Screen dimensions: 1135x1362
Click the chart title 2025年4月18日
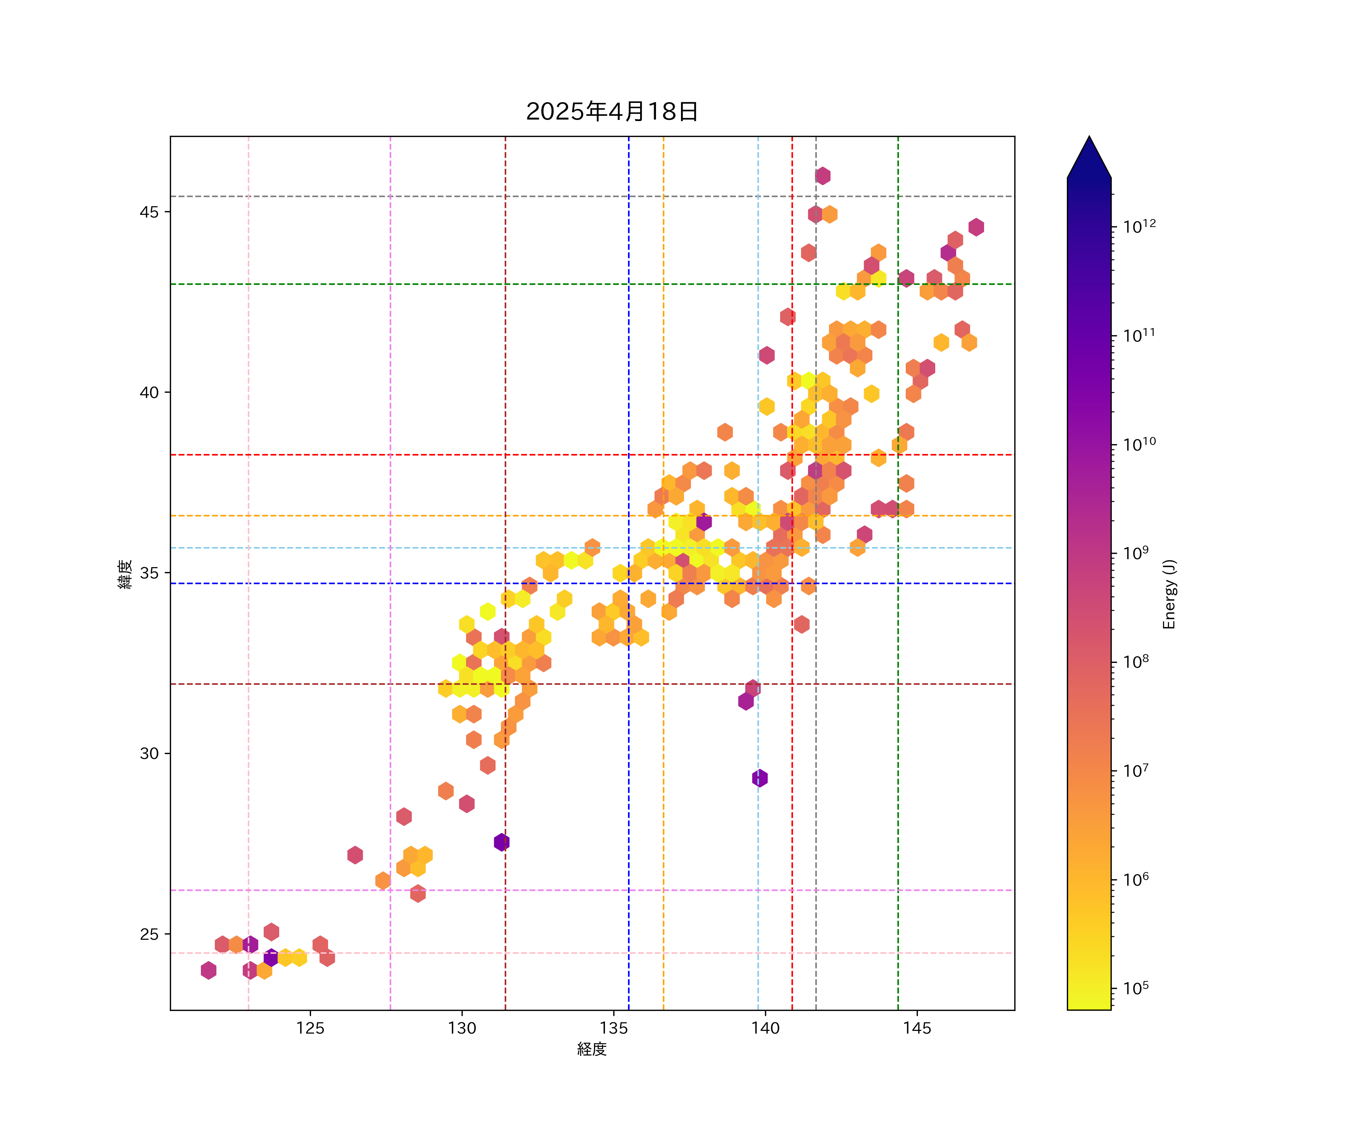click(x=612, y=112)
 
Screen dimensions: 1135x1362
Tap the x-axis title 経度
click(x=591, y=1049)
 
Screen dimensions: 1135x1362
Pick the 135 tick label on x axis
click(x=614, y=1028)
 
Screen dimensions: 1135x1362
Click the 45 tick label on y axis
click(x=149, y=212)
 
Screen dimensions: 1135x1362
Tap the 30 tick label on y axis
click(x=149, y=754)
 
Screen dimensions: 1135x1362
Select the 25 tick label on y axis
click(x=149, y=934)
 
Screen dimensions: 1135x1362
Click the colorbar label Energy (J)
click(x=1169, y=594)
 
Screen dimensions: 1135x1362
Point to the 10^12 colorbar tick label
click(x=1140, y=226)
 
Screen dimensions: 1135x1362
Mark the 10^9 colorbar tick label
click(x=1136, y=553)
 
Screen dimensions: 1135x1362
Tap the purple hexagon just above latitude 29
click(x=759, y=777)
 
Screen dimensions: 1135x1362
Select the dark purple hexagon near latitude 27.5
click(x=501, y=842)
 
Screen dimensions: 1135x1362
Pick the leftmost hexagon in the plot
click(x=208, y=970)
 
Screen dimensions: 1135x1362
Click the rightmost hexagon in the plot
click(x=976, y=227)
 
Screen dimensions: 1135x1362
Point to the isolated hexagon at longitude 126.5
click(x=355, y=855)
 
